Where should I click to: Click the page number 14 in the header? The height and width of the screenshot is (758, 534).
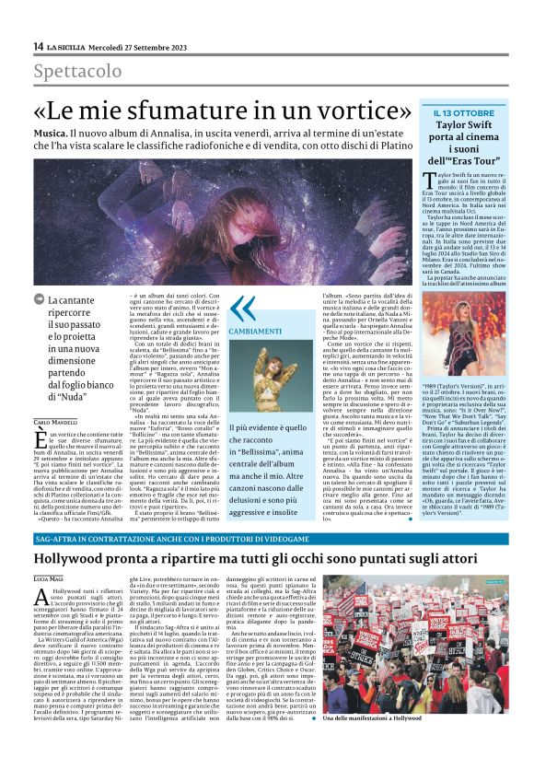[38, 46]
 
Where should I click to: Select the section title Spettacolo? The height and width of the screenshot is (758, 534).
[77, 72]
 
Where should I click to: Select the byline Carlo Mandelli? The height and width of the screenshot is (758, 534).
[55, 395]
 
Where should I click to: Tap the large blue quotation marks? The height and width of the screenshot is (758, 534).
[242, 309]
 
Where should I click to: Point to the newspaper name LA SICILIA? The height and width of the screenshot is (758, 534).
[70, 47]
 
